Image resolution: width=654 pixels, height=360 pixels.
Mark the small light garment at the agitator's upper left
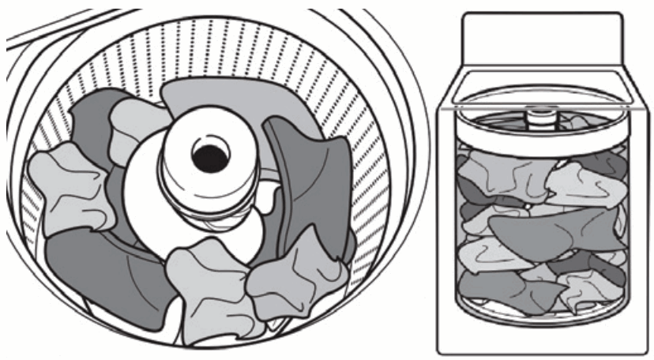134,126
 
